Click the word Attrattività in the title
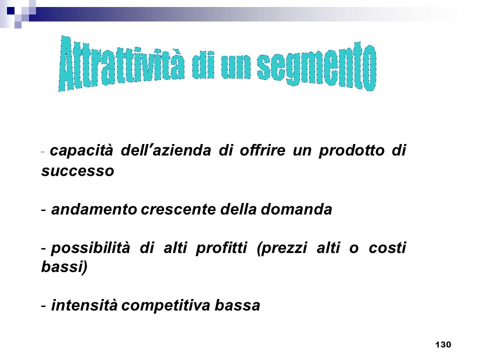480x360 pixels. (121, 63)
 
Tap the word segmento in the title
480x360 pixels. (316, 66)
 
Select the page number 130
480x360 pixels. (443, 344)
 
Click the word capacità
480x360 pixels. (81, 150)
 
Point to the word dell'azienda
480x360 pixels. (166, 150)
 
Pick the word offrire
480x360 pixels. (262, 150)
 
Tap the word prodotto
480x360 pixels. (351, 150)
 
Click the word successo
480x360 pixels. (78, 171)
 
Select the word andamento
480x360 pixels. (94, 209)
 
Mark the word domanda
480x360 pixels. (296, 209)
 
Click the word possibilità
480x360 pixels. (90, 248)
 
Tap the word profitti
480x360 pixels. (221, 248)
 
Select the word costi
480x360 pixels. (387, 247)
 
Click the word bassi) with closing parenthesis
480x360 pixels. (64, 266)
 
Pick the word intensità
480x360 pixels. (84, 305)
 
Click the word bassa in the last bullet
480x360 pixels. (237, 305)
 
